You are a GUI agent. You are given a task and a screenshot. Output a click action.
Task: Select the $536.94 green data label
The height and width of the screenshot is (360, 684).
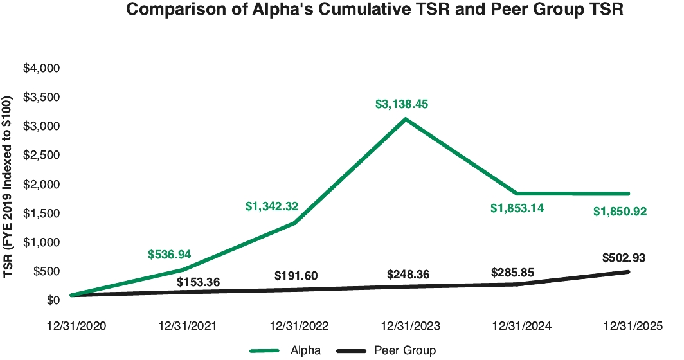[x=169, y=255]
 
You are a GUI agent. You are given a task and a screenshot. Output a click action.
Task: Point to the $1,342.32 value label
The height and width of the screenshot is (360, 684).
[x=272, y=206]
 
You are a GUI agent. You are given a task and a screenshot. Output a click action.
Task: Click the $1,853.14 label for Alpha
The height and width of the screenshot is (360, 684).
[x=517, y=208]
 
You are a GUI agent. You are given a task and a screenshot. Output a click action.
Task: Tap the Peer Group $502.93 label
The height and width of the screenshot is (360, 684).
[x=624, y=258]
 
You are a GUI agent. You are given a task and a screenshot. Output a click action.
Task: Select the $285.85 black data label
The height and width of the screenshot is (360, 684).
[x=513, y=271]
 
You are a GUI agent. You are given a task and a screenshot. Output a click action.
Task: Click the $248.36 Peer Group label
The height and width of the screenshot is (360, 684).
[x=408, y=274]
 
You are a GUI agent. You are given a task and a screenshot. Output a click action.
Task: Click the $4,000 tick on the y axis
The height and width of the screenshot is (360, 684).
[x=41, y=68]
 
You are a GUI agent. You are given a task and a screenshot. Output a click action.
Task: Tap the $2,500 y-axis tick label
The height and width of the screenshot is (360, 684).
[x=41, y=155]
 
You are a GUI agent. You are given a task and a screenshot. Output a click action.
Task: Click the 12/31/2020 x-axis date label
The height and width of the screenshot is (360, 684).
[x=76, y=325]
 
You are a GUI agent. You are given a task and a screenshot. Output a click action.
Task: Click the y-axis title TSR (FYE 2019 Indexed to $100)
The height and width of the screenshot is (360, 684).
[x=8, y=187]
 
